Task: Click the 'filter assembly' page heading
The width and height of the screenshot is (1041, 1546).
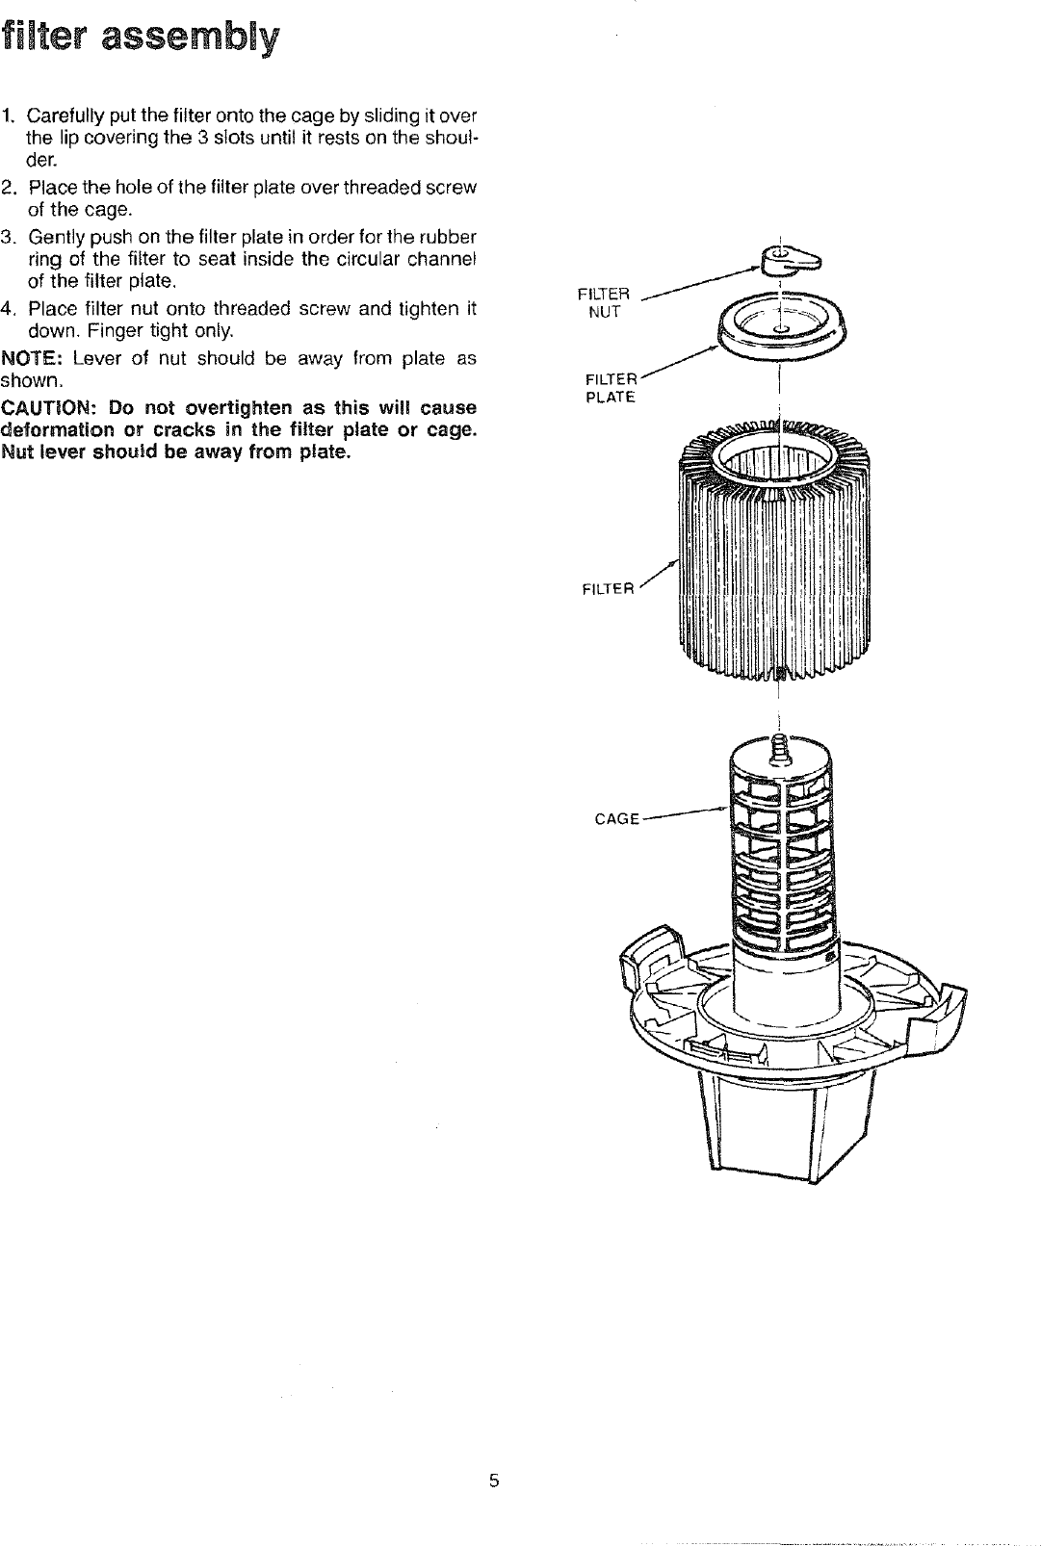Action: [141, 38]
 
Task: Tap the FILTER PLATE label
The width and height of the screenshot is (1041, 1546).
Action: [612, 387]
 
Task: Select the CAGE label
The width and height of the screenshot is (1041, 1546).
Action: [616, 819]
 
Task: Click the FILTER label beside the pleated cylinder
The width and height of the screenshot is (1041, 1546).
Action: [609, 589]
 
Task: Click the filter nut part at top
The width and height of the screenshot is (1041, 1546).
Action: [787, 259]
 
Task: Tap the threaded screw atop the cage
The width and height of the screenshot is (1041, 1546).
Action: [778, 750]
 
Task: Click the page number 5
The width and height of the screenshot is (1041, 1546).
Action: [493, 1481]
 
